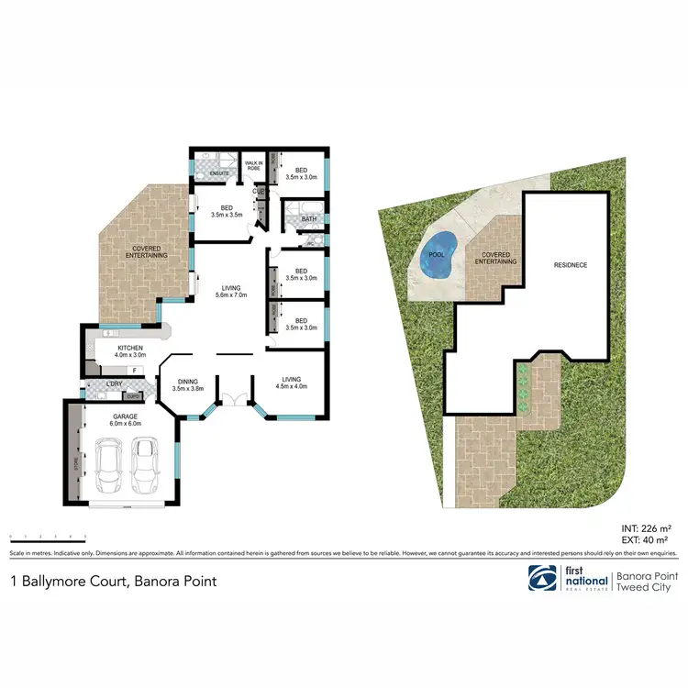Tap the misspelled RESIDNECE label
tap(571, 265)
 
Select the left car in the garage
tap(110, 465)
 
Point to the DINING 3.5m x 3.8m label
tap(187, 384)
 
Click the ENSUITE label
tap(219, 172)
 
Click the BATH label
tap(308, 219)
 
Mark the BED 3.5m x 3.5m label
tap(224, 210)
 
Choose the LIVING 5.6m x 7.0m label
tap(224, 292)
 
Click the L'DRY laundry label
tap(116, 383)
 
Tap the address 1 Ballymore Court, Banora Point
tap(113, 580)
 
